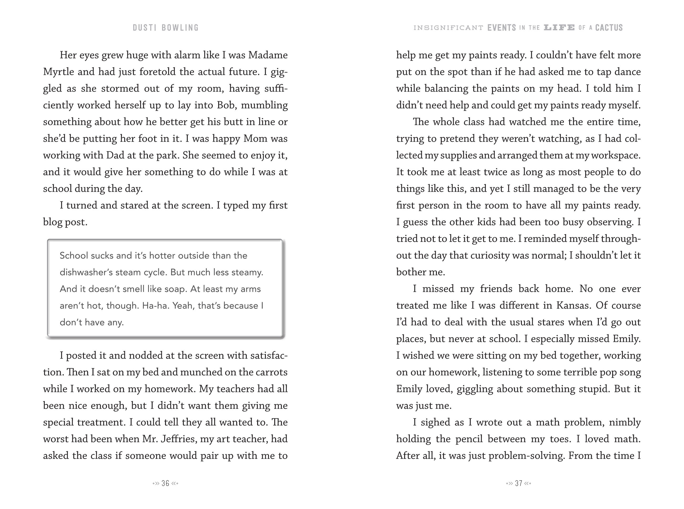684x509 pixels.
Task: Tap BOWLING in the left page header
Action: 180,28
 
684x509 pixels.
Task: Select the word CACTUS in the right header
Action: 609,28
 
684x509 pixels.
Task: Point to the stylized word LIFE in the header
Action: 559,28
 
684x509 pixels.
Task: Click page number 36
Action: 165,483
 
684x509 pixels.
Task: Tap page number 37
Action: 519,483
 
